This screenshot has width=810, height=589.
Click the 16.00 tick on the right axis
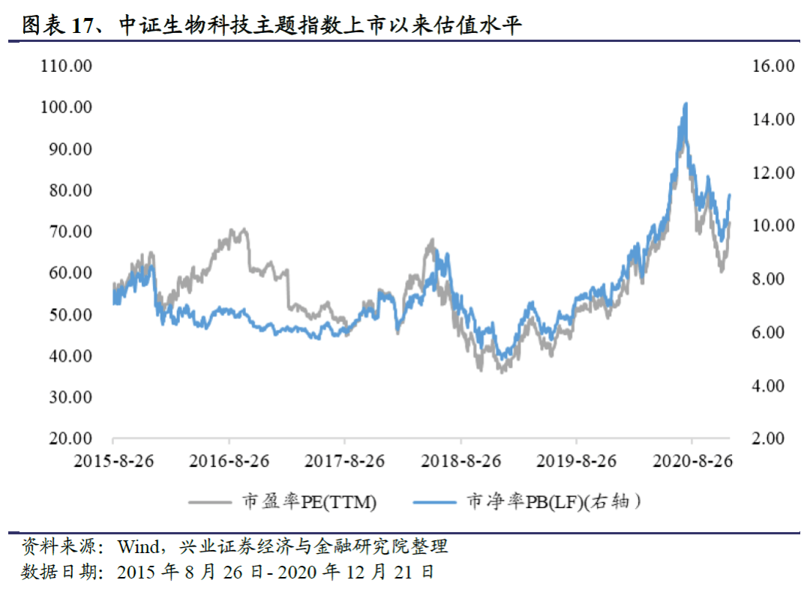pos(772,66)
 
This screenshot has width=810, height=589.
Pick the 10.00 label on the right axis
pos(772,226)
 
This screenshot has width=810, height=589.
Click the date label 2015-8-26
pos(113,461)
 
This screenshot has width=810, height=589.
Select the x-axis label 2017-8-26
pos(344,461)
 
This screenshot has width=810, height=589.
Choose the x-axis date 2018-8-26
pos(460,461)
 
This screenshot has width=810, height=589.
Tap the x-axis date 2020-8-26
pos(691,461)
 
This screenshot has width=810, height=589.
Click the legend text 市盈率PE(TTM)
pos(309,501)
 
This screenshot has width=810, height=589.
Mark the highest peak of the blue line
pos(685,103)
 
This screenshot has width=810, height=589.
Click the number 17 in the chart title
pos(81,27)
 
